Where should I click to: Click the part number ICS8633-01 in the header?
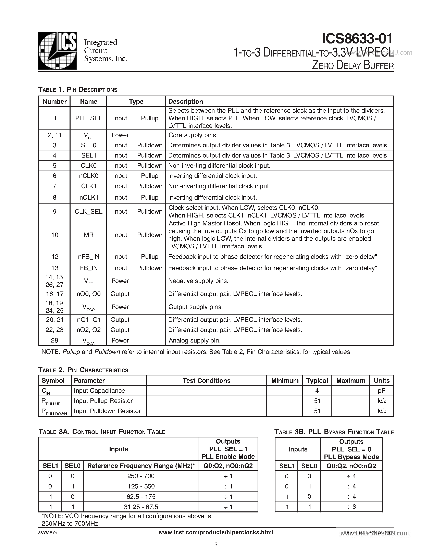357,39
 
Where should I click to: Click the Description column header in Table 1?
186,101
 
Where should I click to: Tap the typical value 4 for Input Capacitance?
317,390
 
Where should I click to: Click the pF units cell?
381,390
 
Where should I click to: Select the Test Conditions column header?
206,381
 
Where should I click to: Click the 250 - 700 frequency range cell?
141,476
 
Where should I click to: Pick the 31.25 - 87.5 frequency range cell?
141,507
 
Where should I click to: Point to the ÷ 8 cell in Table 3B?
351,507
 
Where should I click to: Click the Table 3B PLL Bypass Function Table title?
334,432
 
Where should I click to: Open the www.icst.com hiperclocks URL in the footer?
216,532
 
